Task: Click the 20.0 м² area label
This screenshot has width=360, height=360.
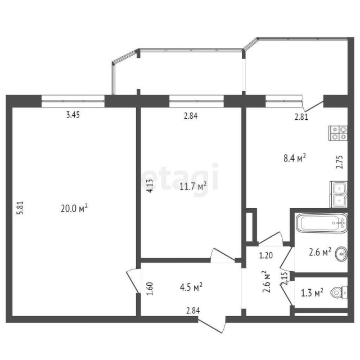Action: [x=74, y=208]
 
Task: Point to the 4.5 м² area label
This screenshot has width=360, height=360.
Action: [x=191, y=287]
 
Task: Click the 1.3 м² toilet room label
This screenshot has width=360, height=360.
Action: [x=311, y=292]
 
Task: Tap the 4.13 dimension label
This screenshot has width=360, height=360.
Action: [x=149, y=186]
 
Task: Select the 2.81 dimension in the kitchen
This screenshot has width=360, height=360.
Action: [x=303, y=117]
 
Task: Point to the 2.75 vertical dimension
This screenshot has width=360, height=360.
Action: [x=339, y=162]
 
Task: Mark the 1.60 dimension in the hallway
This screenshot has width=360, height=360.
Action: [x=149, y=289]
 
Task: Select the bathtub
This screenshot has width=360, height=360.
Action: [x=321, y=224]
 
